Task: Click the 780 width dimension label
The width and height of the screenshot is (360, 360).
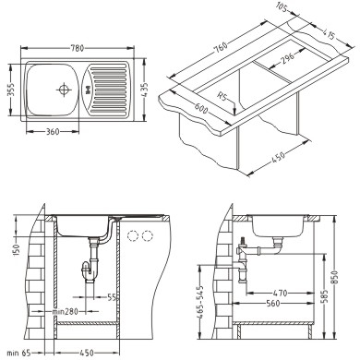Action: click(78, 48)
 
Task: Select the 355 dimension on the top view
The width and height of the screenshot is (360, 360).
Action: click(11, 90)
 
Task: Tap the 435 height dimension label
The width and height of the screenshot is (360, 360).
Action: click(145, 90)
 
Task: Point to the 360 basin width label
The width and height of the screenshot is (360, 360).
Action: click(53, 132)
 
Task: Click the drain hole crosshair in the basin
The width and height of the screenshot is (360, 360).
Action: click(64, 90)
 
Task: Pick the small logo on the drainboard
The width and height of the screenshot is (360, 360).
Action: click(89, 90)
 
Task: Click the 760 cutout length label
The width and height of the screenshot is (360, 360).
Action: click(221, 47)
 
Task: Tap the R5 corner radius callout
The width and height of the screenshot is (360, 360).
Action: click(221, 97)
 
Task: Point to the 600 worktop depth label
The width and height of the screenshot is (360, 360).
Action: click(201, 107)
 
